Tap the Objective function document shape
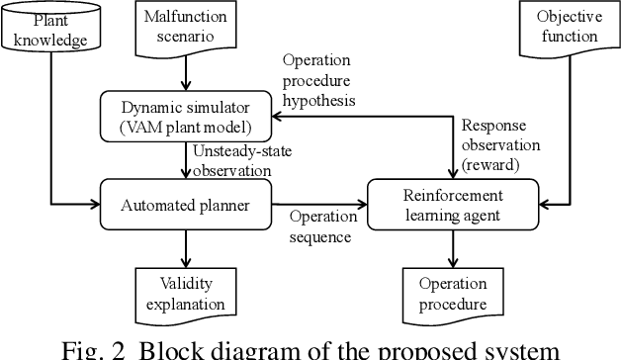pyautogui.click(x=569, y=27)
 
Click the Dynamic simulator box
pyautogui.click(x=185, y=116)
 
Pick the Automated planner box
pyautogui.click(x=185, y=206)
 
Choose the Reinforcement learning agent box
pyautogui.click(x=453, y=206)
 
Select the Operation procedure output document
pyautogui.click(x=453, y=294)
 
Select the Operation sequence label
pyautogui.click(x=322, y=226)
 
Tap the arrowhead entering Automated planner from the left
pyautogui.click(x=98, y=206)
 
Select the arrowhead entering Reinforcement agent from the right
pyautogui.click(x=543, y=206)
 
